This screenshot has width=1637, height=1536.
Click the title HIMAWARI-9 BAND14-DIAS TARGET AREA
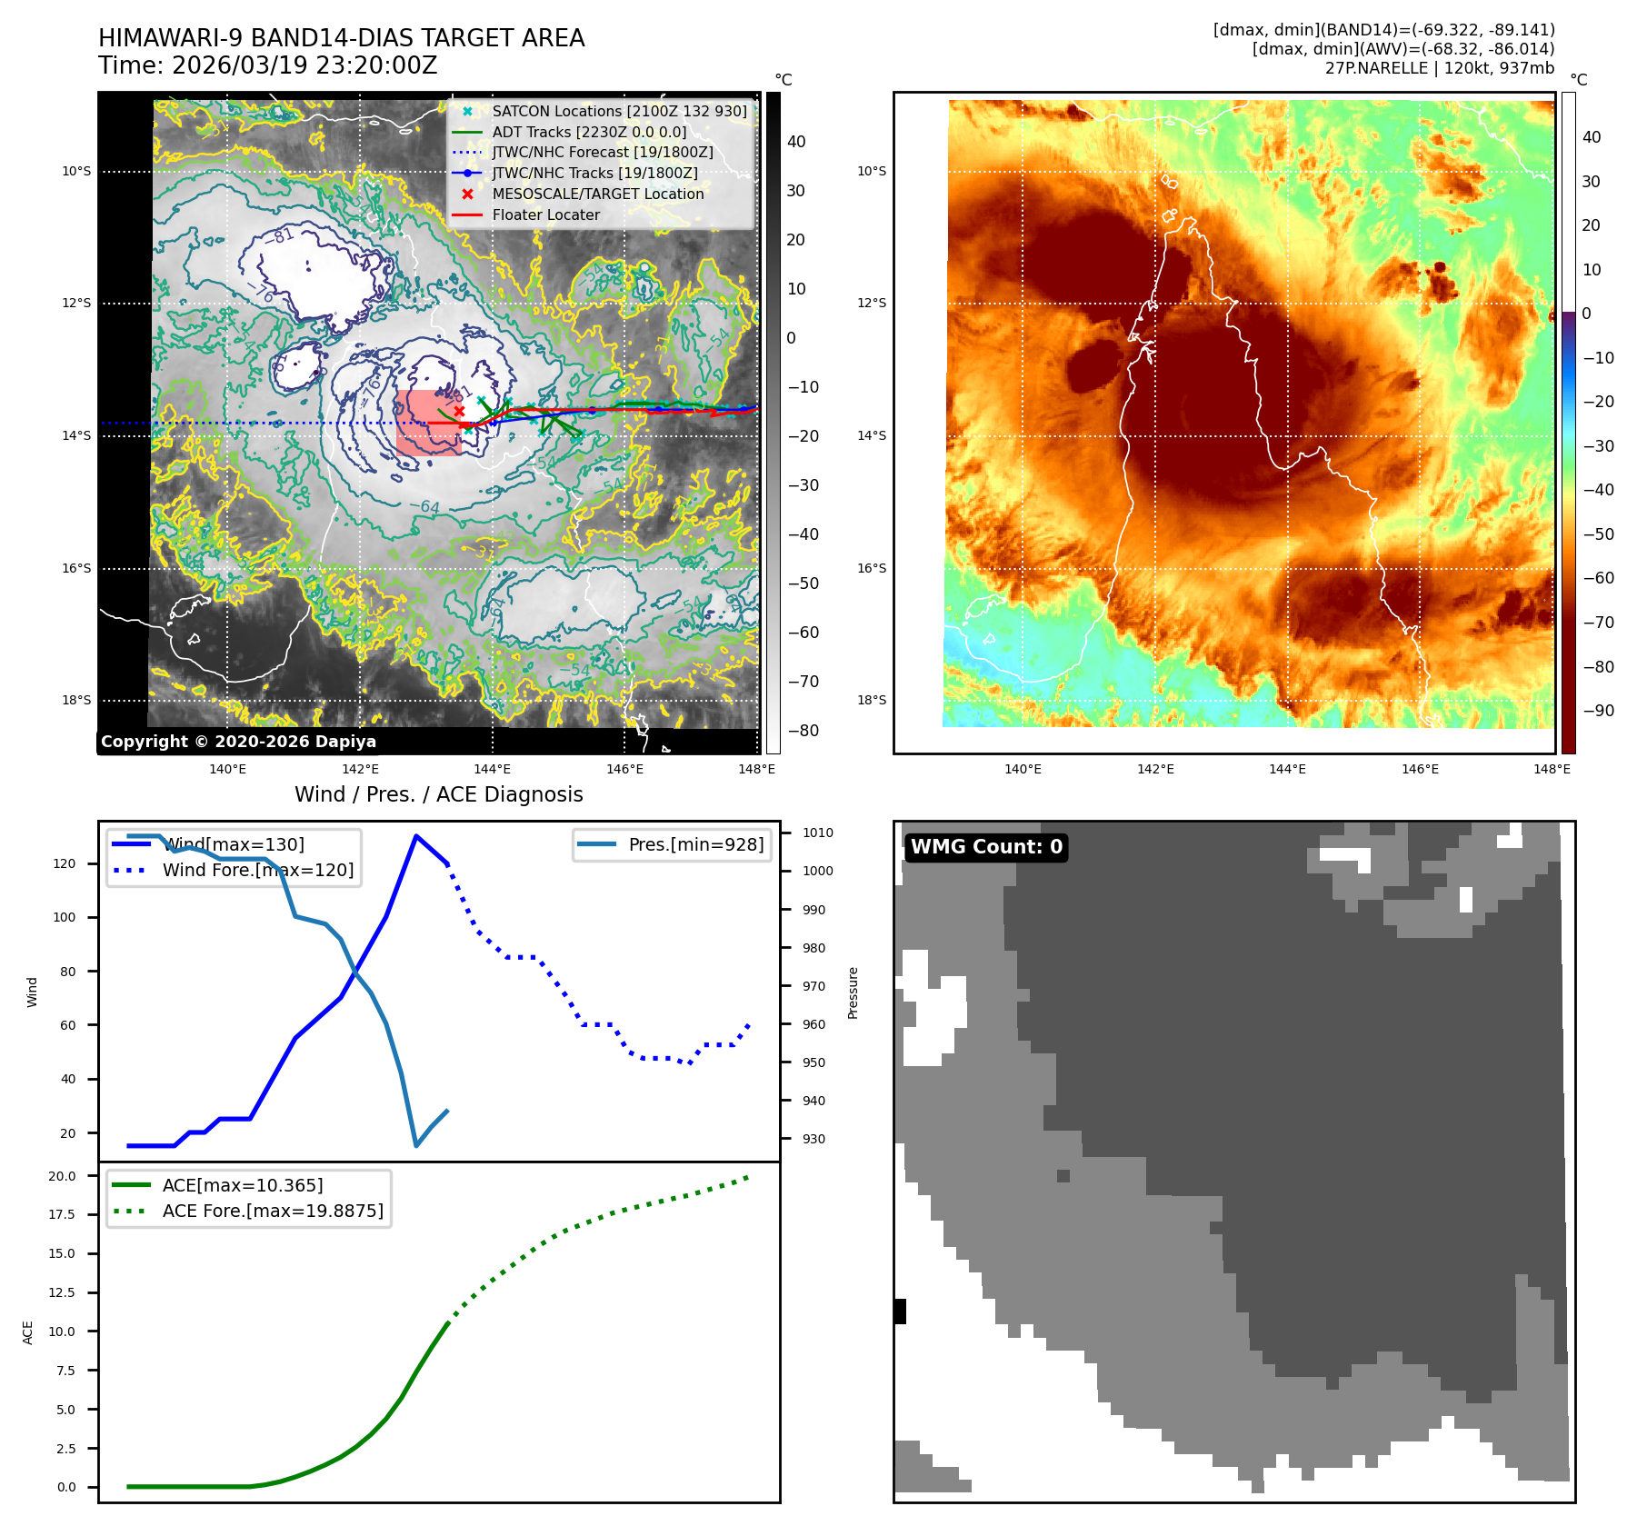coord(341,38)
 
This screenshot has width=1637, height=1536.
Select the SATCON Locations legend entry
coord(618,111)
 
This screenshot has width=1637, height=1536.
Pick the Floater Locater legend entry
coord(545,214)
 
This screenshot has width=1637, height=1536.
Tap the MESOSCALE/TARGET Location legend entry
coord(597,194)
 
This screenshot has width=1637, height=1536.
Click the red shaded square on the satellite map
coord(428,423)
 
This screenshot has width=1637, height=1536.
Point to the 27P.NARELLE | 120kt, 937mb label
coord(1439,68)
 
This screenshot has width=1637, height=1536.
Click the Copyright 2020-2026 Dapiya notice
coord(238,742)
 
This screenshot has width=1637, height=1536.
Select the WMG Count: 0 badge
coord(986,847)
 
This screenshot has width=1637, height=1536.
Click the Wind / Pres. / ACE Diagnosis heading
coord(438,794)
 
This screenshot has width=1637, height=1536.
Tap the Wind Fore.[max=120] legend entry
coord(257,870)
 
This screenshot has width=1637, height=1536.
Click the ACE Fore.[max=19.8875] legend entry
coord(272,1211)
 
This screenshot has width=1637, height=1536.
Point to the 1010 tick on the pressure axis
coord(817,833)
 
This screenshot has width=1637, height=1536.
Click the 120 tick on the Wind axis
coord(65,863)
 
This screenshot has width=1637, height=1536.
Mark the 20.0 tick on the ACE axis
coord(62,1176)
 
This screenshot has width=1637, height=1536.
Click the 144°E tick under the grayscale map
coord(492,769)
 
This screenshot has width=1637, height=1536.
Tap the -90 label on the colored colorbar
coord(1598,711)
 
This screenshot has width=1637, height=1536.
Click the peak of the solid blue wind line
coord(416,835)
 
